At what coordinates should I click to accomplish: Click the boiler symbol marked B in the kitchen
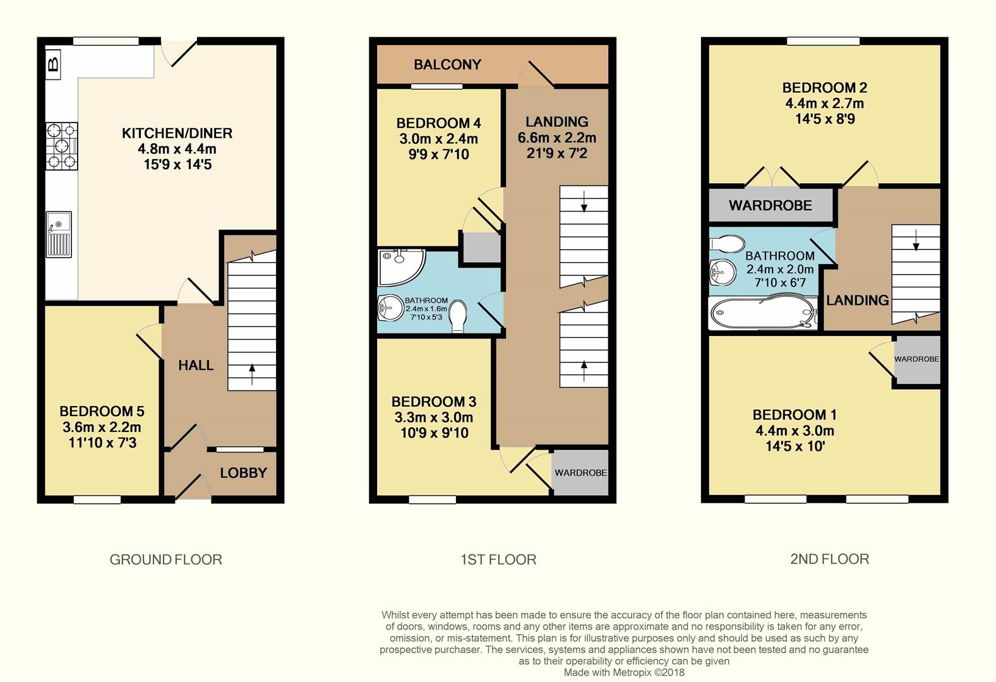(x=54, y=63)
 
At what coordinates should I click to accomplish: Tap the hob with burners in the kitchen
(x=61, y=146)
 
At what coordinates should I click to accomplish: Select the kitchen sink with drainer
(x=59, y=234)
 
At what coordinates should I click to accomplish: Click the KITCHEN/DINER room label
(x=177, y=133)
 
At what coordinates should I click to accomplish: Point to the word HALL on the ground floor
(x=195, y=365)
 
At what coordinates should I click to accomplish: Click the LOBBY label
(x=243, y=473)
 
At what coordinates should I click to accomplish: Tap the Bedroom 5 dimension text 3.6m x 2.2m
(x=102, y=428)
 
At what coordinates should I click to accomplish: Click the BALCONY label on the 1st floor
(x=447, y=64)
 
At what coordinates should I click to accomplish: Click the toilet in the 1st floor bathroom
(x=458, y=315)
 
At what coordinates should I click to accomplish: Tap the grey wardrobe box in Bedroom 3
(x=580, y=473)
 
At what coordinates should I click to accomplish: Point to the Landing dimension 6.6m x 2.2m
(x=556, y=138)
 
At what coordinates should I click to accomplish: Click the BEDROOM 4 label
(x=434, y=123)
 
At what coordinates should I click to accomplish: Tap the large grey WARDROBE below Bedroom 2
(x=770, y=206)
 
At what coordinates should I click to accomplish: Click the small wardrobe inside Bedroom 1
(x=916, y=359)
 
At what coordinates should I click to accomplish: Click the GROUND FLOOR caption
(x=165, y=559)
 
